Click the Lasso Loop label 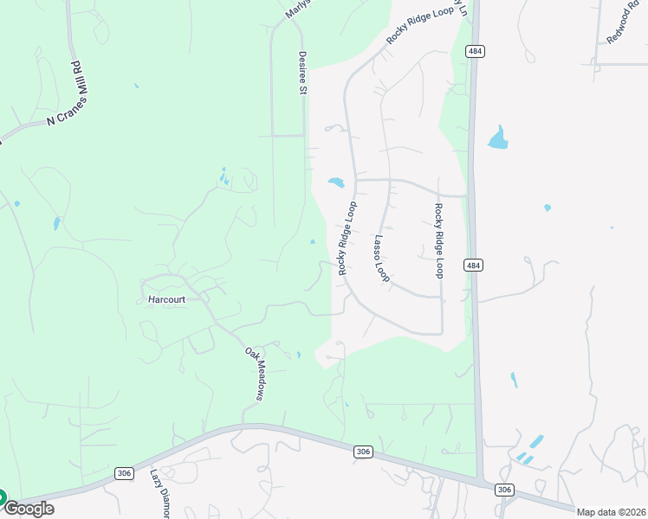pos(382,257)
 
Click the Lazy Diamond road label pos(161,493)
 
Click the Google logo pos(29,509)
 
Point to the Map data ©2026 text pos(611,512)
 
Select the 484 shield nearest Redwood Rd pos(473,51)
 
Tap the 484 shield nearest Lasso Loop pos(471,265)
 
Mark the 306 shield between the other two pos(363,451)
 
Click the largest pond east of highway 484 pos(498,138)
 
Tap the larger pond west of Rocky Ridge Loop pos(336,183)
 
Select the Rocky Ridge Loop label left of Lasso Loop pos(347,239)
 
